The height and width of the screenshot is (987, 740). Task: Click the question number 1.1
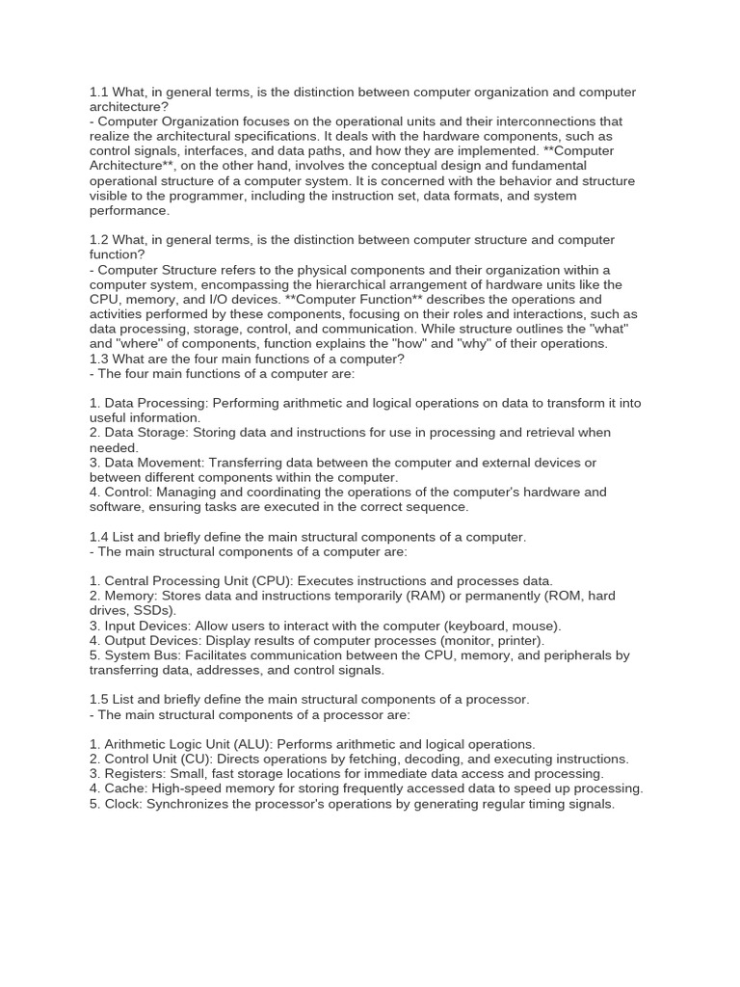click(99, 92)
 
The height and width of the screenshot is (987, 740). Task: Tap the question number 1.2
click(99, 239)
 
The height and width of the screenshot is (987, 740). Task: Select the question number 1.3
click(99, 359)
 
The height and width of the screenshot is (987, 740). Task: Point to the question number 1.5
click(99, 699)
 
